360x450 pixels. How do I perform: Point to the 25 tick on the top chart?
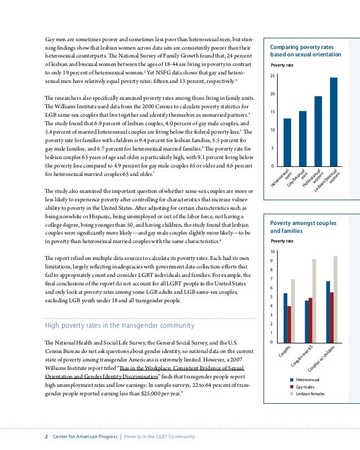[x=273, y=76]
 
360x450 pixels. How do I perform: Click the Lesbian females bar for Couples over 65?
[x=314, y=301]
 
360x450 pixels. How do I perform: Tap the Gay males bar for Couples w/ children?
[x=332, y=317]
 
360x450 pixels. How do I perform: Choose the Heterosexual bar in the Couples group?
[x=286, y=317]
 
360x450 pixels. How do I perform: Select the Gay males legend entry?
[x=305, y=387]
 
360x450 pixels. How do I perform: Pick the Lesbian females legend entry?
[x=310, y=394]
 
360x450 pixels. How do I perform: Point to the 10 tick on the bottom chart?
[x=273, y=252]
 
